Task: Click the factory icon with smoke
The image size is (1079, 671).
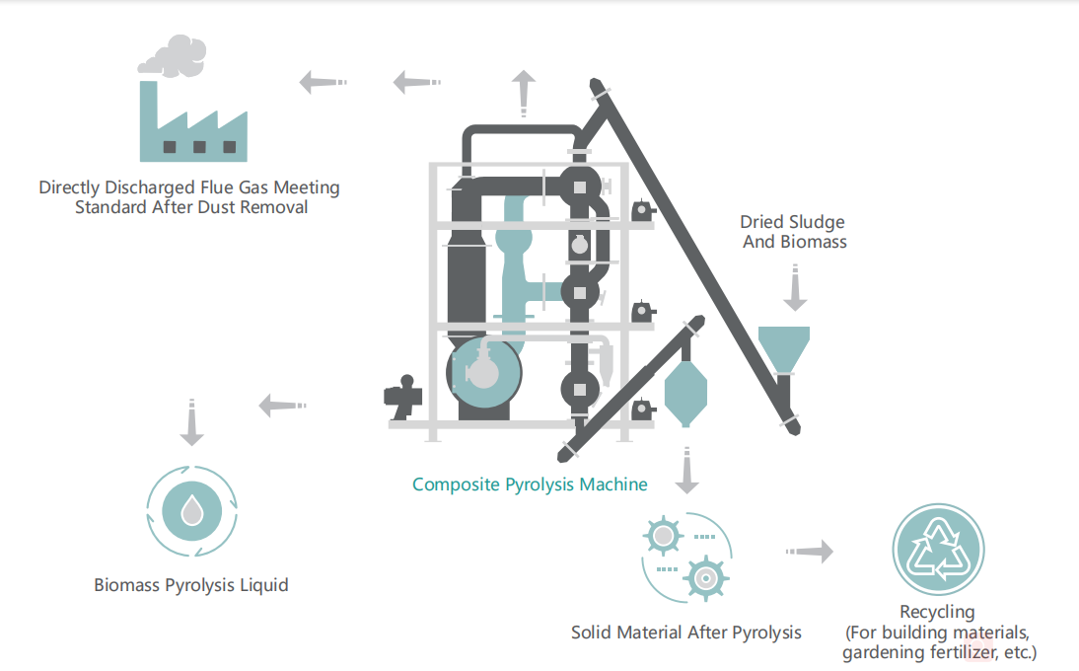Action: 192,118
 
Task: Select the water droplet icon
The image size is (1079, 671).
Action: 192,510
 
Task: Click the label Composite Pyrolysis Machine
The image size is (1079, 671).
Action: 530,485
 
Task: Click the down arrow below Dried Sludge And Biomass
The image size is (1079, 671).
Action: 794,292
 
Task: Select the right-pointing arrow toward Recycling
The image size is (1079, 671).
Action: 811,552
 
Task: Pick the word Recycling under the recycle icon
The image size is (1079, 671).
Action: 937,613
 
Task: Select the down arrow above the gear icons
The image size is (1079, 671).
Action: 687,471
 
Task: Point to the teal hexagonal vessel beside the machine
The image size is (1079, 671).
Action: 685,391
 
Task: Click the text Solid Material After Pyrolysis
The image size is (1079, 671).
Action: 686,633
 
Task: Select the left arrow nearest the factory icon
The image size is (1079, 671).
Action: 320,82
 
